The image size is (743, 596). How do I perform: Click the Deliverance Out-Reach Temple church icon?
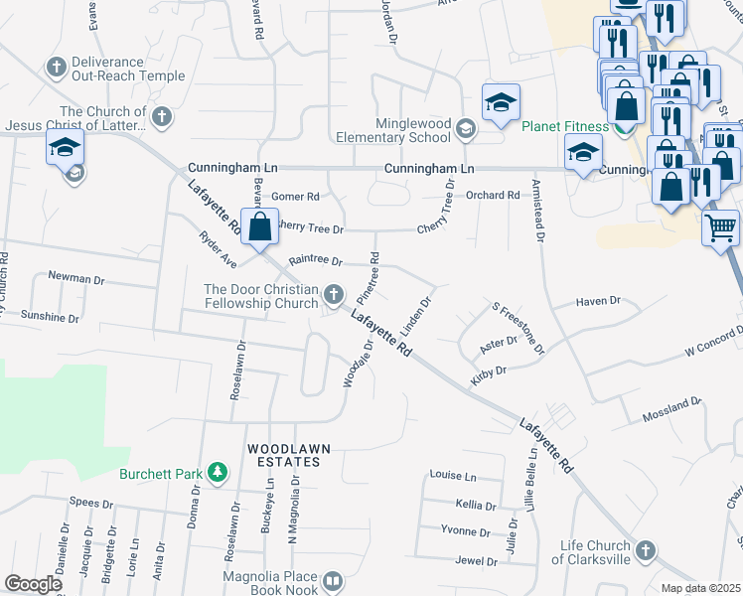click(x=56, y=68)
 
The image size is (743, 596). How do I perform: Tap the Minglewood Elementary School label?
click(x=393, y=129)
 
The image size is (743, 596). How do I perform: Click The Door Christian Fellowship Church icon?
click(x=334, y=294)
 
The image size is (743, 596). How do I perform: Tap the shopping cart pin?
click(x=720, y=227)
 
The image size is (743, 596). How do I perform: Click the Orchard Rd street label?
click(x=494, y=195)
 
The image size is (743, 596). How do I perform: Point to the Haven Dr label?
click(x=599, y=300)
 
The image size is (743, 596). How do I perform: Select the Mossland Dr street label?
click(x=670, y=406)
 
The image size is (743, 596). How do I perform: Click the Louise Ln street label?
click(x=453, y=476)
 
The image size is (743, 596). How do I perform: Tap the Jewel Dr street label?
click(x=476, y=561)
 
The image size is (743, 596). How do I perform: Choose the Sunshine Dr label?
click(x=50, y=318)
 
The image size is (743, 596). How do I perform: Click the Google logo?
click(x=33, y=583)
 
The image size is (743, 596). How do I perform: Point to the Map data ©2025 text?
click(x=700, y=588)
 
